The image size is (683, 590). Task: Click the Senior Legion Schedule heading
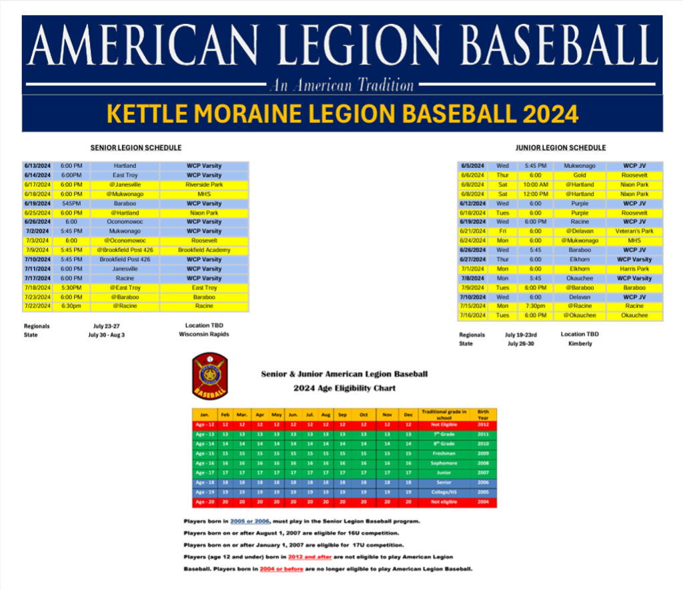tap(136, 147)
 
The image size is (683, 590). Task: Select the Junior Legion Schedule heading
tap(561, 147)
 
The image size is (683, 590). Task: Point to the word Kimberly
tap(580, 344)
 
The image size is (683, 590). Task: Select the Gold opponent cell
tap(580, 175)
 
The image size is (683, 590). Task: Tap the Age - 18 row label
tap(205, 482)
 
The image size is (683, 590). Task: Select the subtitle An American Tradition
tap(341, 85)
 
